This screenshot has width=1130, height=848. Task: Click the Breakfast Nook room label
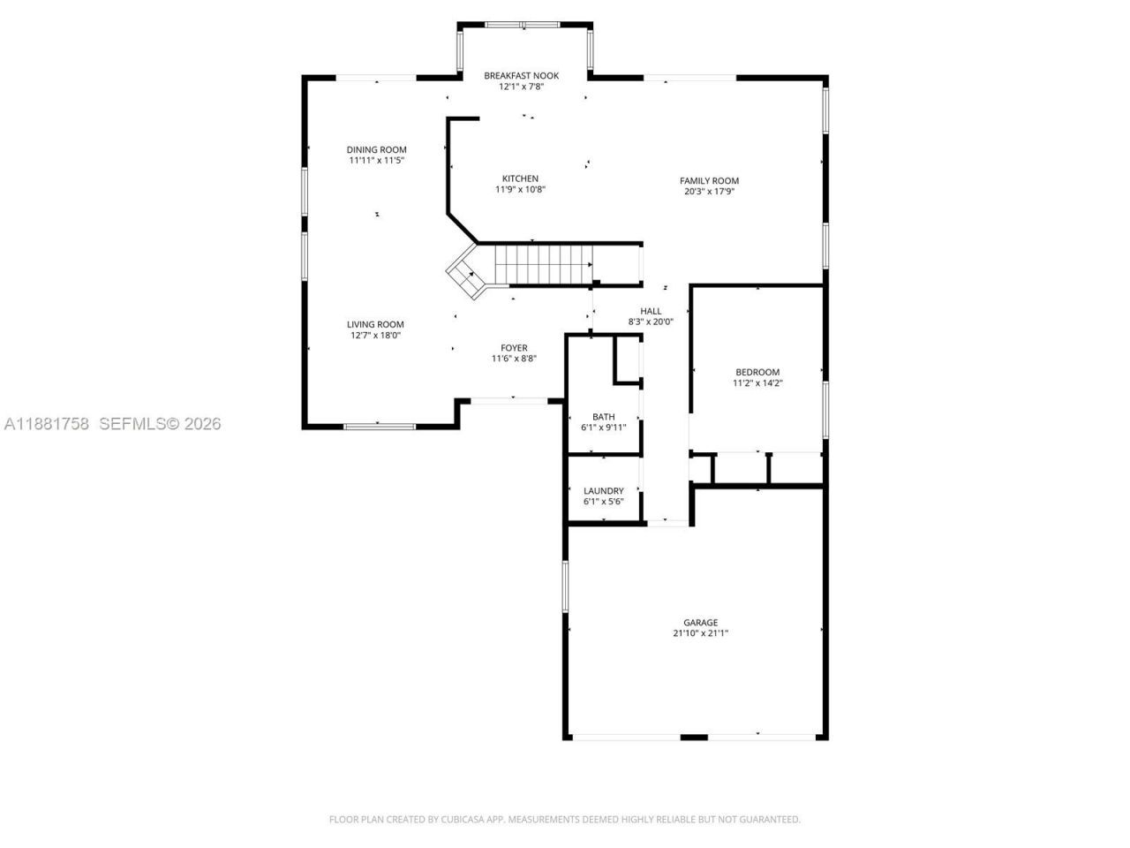[x=521, y=76]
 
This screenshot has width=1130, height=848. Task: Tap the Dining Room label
[x=376, y=150]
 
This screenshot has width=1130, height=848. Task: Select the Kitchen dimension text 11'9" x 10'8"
[x=520, y=189]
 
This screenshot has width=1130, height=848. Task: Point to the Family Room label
[x=709, y=181]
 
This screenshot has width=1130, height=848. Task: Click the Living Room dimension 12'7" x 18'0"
[x=375, y=335]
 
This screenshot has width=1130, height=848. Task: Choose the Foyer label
[x=514, y=348]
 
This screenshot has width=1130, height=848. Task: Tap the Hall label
[x=651, y=311]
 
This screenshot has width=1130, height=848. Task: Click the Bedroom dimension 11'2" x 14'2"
[x=757, y=383]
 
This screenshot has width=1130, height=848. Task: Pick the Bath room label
[x=603, y=417]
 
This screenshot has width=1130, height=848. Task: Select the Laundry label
[x=603, y=490]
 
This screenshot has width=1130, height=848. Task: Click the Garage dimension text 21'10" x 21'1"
[x=701, y=632]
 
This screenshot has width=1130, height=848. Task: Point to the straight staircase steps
[x=544, y=264]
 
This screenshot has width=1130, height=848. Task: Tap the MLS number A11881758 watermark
[x=46, y=424]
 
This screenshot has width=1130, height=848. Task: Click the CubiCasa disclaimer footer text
[x=565, y=819]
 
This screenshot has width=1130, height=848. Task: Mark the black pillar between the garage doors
[x=694, y=738]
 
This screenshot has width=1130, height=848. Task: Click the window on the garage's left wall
[x=565, y=587]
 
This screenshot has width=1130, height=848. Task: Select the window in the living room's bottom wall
[x=380, y=427]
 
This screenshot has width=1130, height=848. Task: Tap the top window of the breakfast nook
[x=523, y=25]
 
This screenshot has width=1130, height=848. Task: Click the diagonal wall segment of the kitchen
[x=463, y=228]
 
